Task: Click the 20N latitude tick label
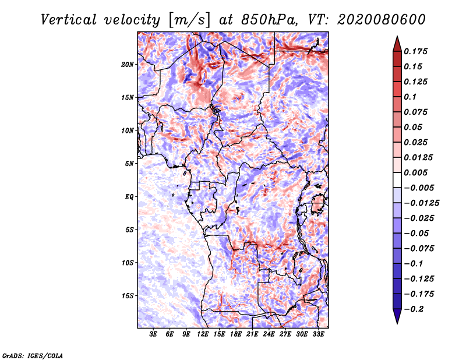coord(128,65)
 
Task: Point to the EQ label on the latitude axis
coord(129,197)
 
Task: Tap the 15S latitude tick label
coord(128,296)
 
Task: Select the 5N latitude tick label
coord(129,164)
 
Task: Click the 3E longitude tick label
coord(153,334)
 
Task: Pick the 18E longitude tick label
coord(236,334)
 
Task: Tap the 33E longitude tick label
coord(318,334)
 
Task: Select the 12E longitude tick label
coord(203,334)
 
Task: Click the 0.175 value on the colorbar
coord(415,51)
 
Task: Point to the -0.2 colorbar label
coord(414,309)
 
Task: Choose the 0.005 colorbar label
coord(415,172)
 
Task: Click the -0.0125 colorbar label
coord(421,203)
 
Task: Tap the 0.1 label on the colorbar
coord(410,97)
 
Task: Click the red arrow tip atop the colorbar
coord(397,37)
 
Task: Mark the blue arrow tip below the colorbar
coord(397,323)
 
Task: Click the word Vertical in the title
coord(69,20)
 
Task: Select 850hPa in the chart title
coord(269,20)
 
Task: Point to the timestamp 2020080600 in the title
coord(382,20)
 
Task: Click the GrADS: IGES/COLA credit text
coord(33,355)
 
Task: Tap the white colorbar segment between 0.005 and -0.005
coord(397,180)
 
